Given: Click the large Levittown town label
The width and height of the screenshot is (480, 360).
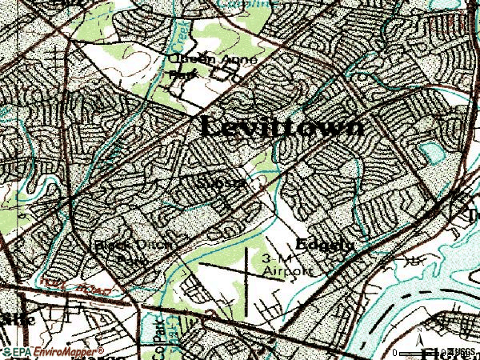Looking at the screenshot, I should pyautogui.click(x=281, y=126).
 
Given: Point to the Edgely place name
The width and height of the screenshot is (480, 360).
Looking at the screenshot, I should pyautogui.click(x=324, y=244).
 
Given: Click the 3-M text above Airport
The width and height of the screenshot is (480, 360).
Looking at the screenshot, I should pyautogui.click(x=275, y=259).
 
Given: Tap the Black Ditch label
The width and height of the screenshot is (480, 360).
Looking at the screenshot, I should pyautogui.click(x=134, y=245).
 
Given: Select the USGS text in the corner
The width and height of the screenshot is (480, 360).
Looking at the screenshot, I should pyautogui.click(x=463, y=352).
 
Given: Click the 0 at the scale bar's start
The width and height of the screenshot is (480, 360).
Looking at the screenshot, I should pyautogui.click(x=396, y=352).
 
